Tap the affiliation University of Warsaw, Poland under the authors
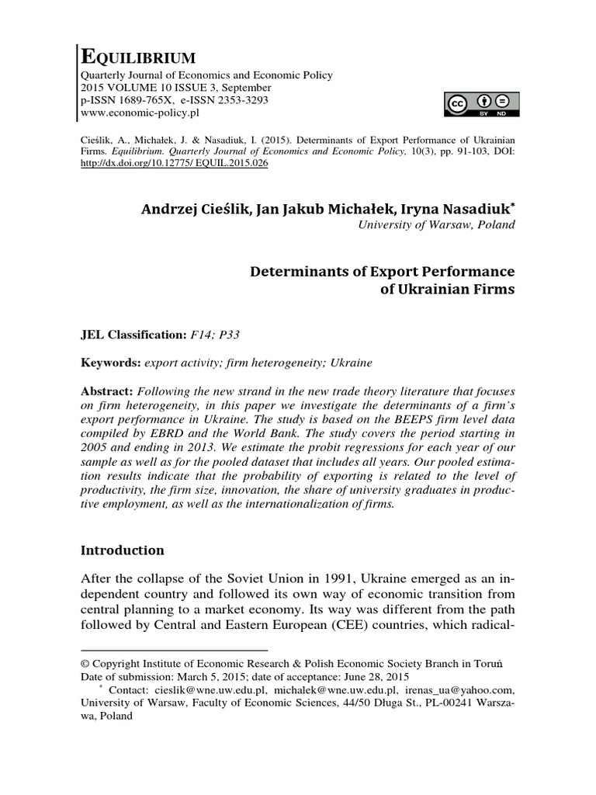coord(435,225)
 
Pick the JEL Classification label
coord(130,335)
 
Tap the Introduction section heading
coord(123,550)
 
